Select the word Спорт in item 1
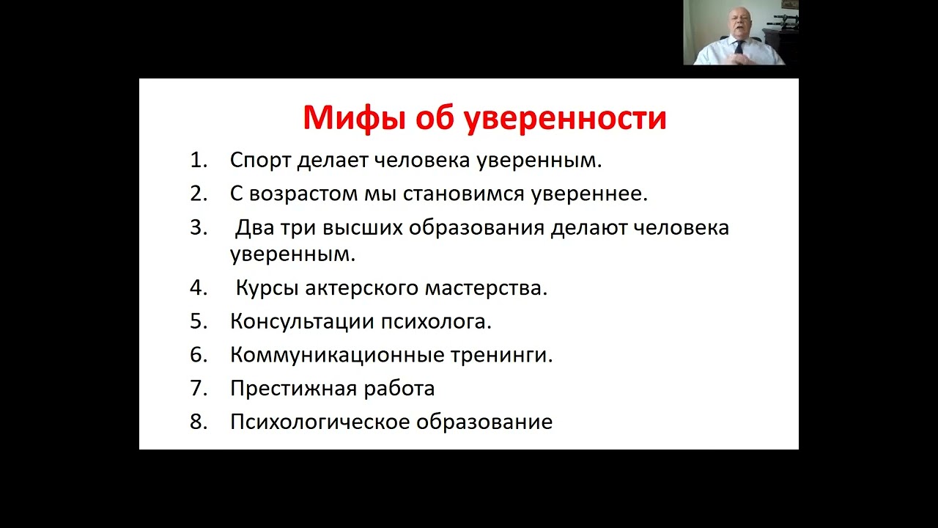point(262,161)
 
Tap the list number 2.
point(199,194)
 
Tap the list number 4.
point(199,288)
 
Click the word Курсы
point(267,288)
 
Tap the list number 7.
point(199,389)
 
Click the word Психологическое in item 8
point(320,422)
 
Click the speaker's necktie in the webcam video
point(739,51)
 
